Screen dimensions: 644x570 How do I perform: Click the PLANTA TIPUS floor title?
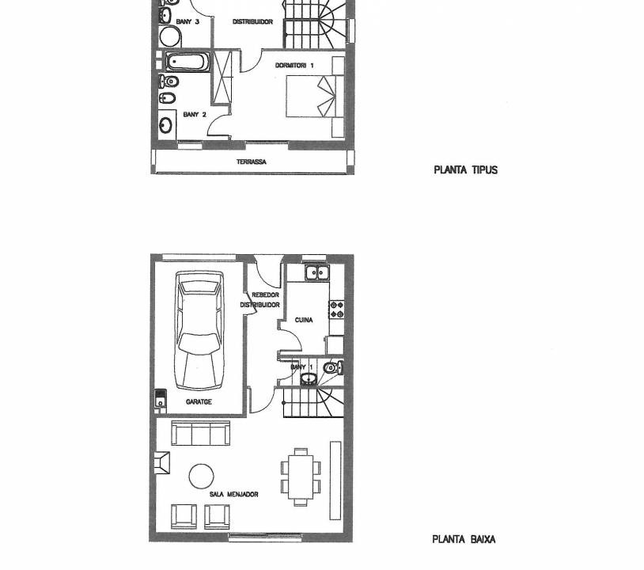click(x=465, y=169)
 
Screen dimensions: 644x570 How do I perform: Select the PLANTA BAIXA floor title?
click(x=464, y=539)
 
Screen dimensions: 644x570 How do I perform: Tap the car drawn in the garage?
click(x=200, y=330)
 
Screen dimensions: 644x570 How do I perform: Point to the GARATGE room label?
click(x=199, y=402)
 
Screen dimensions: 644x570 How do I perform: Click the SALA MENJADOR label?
click(x=233, y=494)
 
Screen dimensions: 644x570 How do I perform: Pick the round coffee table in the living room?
click(x=201, y=477)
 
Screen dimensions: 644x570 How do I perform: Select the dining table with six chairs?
click(x=301, y=477)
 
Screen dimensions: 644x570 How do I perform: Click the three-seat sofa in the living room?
click(x=200, y=433)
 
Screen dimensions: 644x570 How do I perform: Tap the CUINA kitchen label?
click(x=304, y=320)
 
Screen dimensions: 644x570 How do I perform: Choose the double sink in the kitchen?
click(x=317, y=272)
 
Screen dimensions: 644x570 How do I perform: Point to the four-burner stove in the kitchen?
click(x=337, y=310)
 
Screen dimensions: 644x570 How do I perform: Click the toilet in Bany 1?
click(x=334, y=367)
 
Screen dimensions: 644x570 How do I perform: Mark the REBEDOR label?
click(x=265, y=295)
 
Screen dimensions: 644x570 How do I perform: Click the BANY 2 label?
click(x=195, y=114)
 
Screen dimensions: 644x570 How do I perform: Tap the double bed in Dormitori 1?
click(x=315, y=97)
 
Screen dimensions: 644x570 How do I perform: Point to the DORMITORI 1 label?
click(x=294, y=66)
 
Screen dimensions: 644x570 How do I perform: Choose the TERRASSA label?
click(x=252, y=162)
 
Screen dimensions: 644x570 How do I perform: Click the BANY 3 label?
click(x=188, y=21)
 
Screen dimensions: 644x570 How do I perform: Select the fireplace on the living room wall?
click(x=162, y=463)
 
